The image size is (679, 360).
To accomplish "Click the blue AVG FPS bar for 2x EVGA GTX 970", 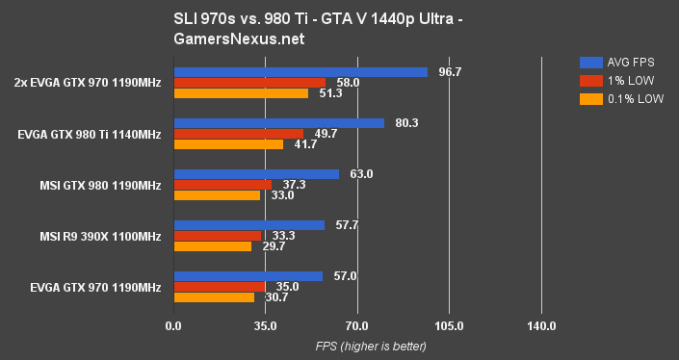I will click(x=300, y=72).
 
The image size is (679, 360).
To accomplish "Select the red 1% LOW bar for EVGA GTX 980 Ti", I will click(x=238, y=134).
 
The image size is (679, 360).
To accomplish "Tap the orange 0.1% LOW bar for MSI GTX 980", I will click(x=217, y=195).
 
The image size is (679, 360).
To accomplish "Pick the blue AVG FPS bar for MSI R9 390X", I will click(x=249, y=225).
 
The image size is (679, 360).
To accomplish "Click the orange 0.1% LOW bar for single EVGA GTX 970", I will click(x=214, y=297).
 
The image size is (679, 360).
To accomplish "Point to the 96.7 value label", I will click(x=447, y=72).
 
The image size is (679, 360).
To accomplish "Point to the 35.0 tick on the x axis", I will click(x=266, y=326).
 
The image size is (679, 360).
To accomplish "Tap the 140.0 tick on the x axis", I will click(x=541, y=326).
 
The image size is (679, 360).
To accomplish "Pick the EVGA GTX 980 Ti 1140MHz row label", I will click(x=90, y=134).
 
